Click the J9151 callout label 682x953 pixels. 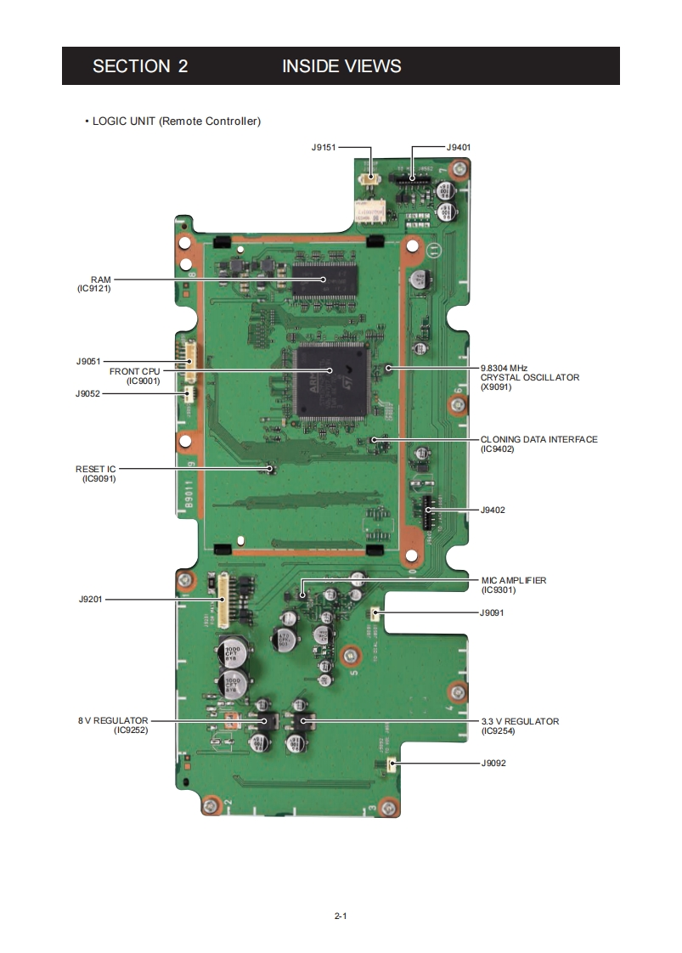click(324, 147)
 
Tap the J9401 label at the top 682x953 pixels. click(459, 147)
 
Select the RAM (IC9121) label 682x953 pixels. click(94, 283)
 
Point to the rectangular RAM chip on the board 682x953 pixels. click(324, 279)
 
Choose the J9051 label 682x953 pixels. click(87, 361)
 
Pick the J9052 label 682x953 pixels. click(87, 393)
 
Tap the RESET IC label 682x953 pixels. click(95, 469)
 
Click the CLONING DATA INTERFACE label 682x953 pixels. click(538, 439)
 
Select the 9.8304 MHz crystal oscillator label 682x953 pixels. click(529, 376)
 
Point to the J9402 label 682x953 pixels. click(493, 510)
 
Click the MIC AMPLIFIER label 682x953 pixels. click(513, 580)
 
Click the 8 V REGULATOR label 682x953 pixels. click(113, 720)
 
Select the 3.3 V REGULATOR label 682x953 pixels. click(520, 721)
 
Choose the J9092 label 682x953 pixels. click(493, 764)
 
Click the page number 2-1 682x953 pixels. click(341, 916)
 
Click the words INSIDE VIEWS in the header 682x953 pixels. click(341, 66)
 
